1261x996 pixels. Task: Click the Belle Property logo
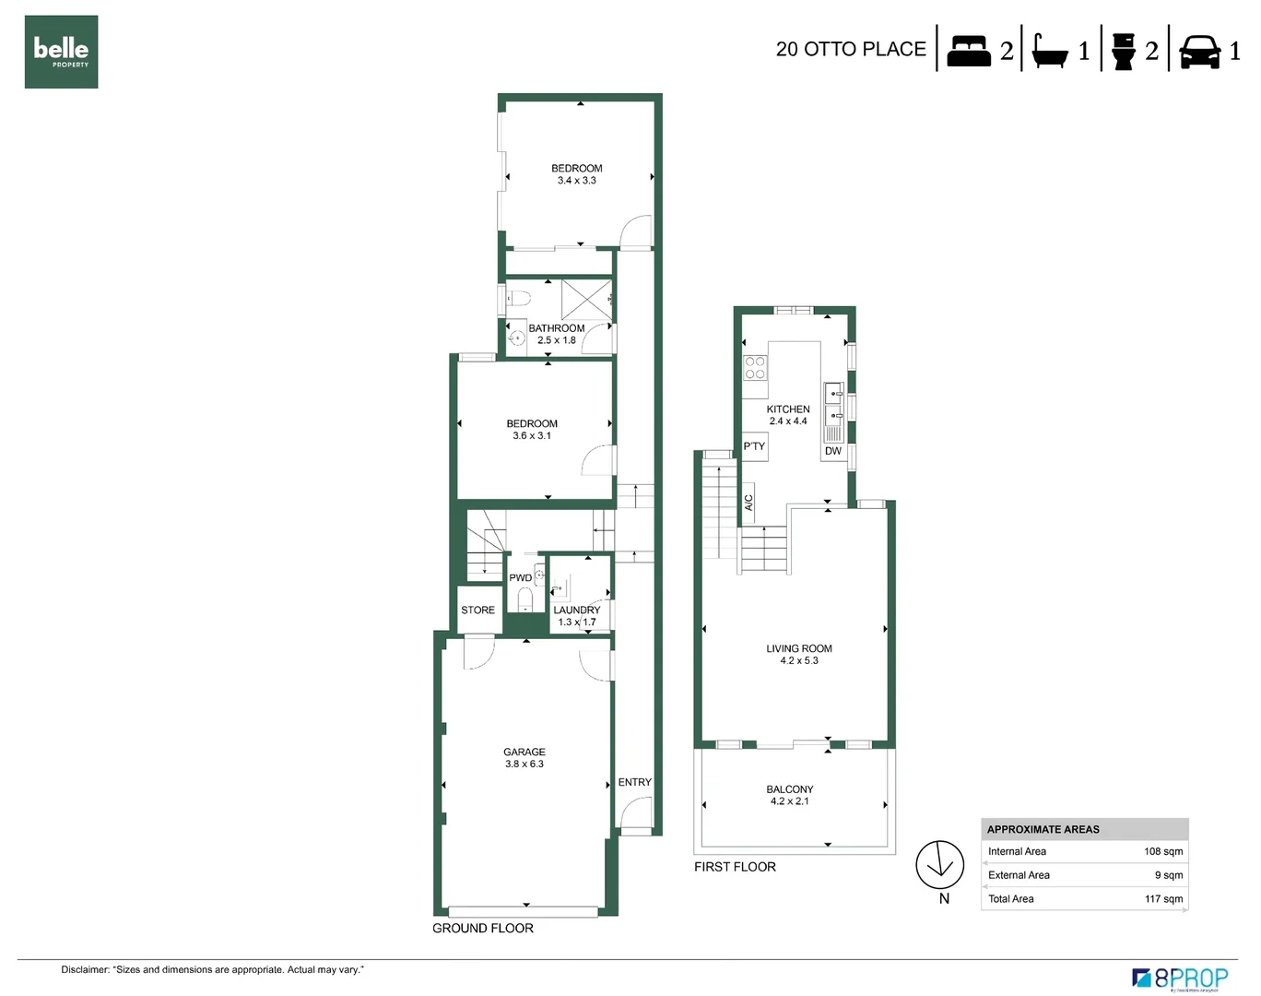pos(61,52)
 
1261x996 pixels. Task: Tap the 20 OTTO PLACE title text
pos(850,49)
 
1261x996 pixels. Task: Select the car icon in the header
pos(1199,52)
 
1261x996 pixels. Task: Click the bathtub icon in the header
pos(1049,52)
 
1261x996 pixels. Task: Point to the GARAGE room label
pos(524,752)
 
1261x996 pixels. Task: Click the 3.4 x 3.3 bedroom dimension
pos(576,181)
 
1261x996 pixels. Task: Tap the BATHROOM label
pos(556,327)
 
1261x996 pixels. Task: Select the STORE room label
pos(477,610)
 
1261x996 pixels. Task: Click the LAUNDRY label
pos(576,610)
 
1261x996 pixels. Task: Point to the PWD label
pos(520,578)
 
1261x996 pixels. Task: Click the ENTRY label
pos(634,782)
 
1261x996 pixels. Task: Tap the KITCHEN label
pos(788,409)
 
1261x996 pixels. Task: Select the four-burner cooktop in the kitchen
pos(755,368)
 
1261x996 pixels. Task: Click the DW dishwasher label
pos(832,451)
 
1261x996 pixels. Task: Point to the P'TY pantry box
pos(754,446)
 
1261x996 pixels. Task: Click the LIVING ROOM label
pos(798,648)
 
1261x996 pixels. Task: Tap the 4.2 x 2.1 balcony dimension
pos(789,801)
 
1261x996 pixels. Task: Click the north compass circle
pos(939,865)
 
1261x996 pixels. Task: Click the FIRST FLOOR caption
pos(735,867)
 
